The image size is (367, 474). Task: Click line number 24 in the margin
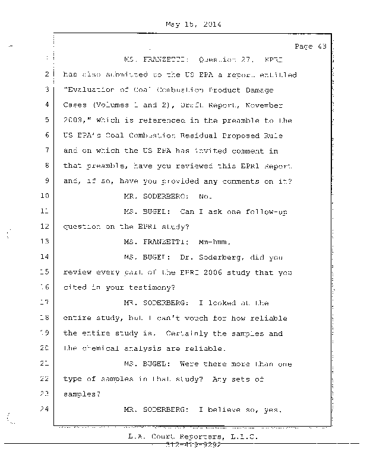click(x=46, y=409)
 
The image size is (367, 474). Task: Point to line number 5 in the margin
click(x=46, y=120)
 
